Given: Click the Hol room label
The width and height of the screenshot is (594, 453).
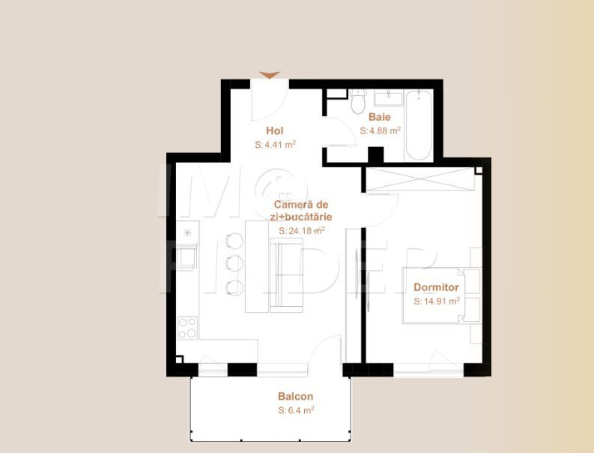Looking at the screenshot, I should [x=275, y=131].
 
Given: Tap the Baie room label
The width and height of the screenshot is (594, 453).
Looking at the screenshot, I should [x=380, y=117].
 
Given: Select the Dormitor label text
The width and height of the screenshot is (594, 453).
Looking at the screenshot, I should [x=436, y=287].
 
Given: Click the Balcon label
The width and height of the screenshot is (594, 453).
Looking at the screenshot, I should [x=295, y=397].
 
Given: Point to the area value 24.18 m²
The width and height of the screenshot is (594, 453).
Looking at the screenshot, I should [x=302, y=231].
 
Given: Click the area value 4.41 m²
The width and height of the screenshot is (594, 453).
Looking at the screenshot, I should [x=276, y=145].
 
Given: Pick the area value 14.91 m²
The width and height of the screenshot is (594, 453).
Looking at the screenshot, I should [x=437, y=301].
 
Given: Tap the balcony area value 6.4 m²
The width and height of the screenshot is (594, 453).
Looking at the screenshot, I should [x=296, y=410].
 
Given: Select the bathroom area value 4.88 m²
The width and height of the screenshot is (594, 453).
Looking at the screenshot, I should [x=381, y=130].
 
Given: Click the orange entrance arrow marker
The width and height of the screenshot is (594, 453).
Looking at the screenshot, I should [x=270, y=75].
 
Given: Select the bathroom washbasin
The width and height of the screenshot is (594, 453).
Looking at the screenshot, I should [x=388, y=98].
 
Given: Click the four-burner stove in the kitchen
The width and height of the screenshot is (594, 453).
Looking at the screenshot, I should [x=187, y=327].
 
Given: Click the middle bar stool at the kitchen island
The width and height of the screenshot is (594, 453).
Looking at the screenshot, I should [x=234, y=263].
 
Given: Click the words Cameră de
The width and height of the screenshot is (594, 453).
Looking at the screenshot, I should [x=301, y=205].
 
